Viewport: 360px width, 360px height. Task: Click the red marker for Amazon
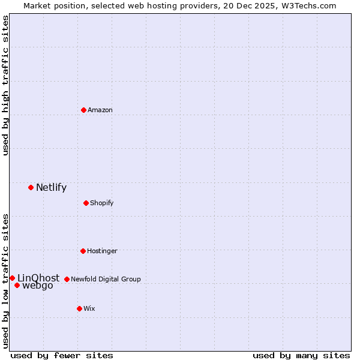pos(83,110)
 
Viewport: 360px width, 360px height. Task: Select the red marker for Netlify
pos(31,187)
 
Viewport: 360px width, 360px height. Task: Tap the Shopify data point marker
pos(86,203)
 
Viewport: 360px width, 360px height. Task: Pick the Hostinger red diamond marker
pos(83,251)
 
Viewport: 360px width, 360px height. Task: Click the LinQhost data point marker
pos(12,278)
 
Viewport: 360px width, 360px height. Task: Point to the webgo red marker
pos(17,285)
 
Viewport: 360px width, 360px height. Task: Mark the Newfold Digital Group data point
pos(67,279)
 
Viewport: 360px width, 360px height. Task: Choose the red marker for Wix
pos(79,308)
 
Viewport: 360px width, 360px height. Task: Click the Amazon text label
pos(100,110)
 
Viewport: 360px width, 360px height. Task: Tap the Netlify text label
pos(51,187)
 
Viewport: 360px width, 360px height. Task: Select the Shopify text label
pos(102,203)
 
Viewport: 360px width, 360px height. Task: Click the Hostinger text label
pos(102,251)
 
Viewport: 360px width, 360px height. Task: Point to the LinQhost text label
pos(38,278)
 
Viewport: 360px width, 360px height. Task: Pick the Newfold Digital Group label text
pos(106,279)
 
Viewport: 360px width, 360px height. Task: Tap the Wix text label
pos(89,308)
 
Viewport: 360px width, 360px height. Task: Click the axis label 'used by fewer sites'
pos(62,355)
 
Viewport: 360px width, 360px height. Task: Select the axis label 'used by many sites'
pos(301,355)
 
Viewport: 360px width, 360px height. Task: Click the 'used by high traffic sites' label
pos(6,85)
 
